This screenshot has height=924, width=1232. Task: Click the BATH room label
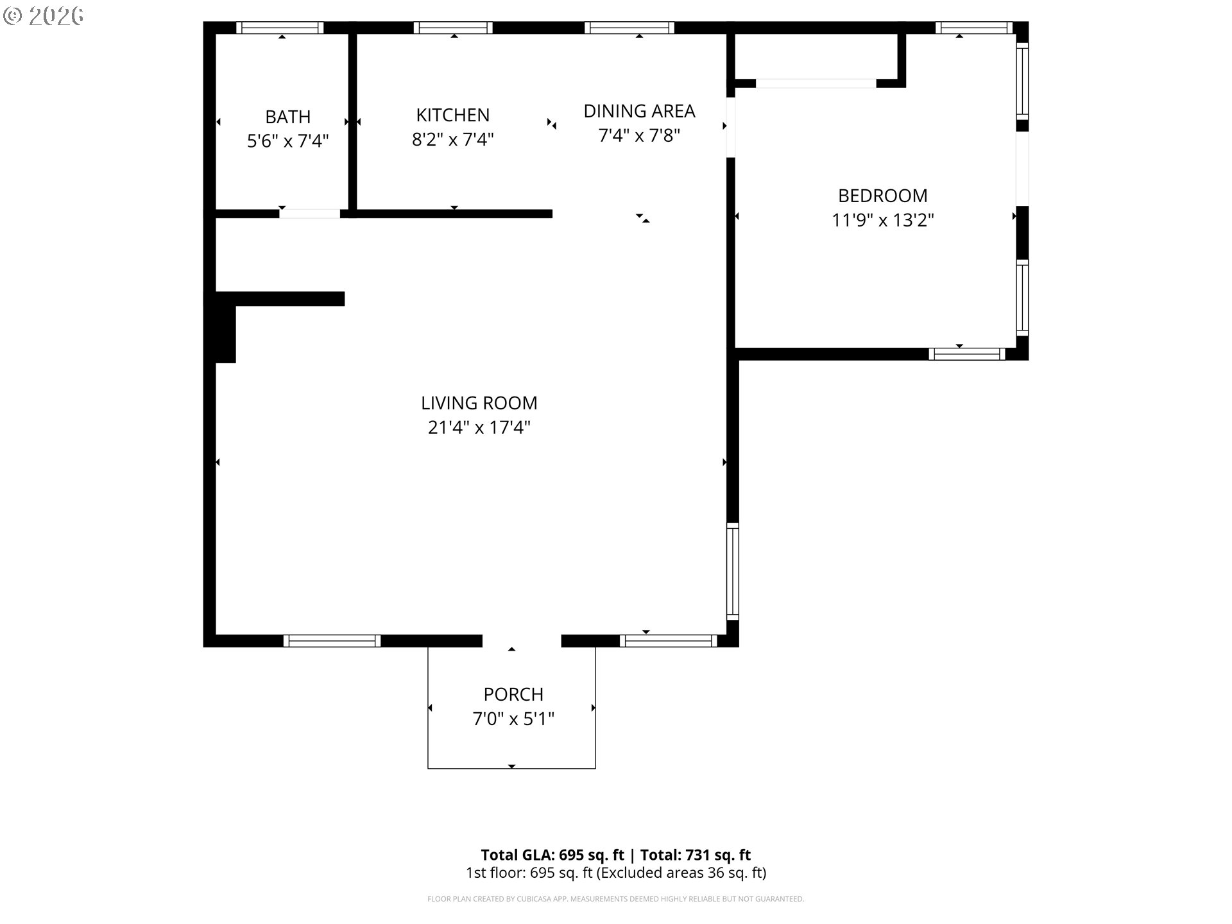(x=287, y=117)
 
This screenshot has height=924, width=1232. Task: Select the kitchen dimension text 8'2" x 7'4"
(x=452, y=139)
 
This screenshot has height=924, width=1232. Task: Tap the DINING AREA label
(x=638, y=111)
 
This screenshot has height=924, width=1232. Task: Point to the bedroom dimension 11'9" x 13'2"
(x=882, y=220)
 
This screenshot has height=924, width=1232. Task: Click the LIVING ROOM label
(x=479, y=403)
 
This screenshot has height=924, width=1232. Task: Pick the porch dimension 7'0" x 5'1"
(x=513, y=719)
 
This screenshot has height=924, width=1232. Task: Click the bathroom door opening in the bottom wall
(x=309, y=214)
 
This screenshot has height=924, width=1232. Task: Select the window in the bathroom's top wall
(x=280, y=28)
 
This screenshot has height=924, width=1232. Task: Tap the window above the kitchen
(x=453, y=28)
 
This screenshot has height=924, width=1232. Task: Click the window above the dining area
(x=629, y=28)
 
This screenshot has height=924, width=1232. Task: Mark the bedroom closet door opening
(x=816, y=83)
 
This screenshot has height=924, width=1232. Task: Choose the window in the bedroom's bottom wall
(x=966, y=354)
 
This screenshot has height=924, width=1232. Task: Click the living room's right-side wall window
(x=732, y=571)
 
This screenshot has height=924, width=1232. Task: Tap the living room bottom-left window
(x=332, y=640)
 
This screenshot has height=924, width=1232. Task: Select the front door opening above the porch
(x=522, y=640)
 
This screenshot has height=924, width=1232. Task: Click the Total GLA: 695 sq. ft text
(x=552, y=855)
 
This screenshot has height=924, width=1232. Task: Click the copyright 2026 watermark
(x=43, y=16)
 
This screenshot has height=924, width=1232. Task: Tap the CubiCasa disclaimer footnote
(x=615, y=899)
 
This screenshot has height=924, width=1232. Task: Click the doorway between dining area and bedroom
(x=730, y=127)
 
